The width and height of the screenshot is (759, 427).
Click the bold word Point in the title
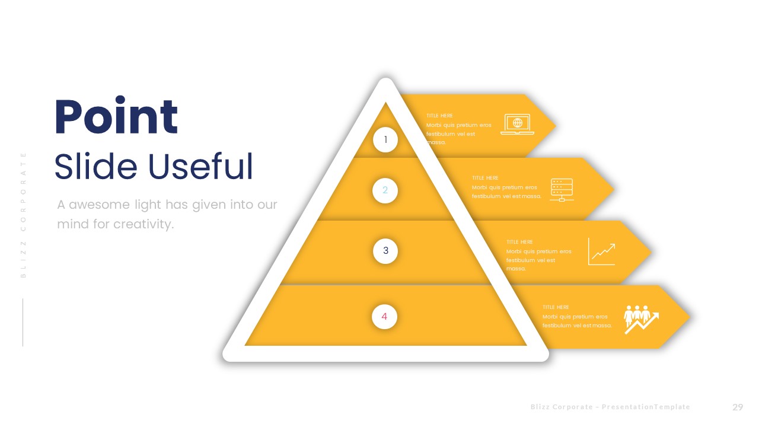pos(116,117)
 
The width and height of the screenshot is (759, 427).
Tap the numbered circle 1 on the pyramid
pos(385,140)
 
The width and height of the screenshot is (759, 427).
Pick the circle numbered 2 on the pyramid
pos(385,190)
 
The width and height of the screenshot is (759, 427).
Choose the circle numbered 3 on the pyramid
pos(385,251)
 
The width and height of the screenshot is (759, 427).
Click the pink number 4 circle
pos(384,317)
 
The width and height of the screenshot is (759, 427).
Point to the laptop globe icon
pos(517,124)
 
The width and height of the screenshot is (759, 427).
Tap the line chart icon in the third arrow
pos(602,251)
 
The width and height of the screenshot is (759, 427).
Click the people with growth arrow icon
pos(641,319)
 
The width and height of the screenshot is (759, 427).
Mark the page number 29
pos(738,407)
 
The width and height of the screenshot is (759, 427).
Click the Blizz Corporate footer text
pos(610,407)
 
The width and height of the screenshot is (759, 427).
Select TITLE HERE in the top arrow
pos(439,116)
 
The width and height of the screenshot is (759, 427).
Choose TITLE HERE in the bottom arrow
pos(556,307)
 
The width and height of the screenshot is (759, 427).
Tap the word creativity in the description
pos(144,225)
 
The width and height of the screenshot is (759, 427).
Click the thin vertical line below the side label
pos(23,322)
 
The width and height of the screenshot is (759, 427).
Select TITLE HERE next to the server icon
pos(485,178)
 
